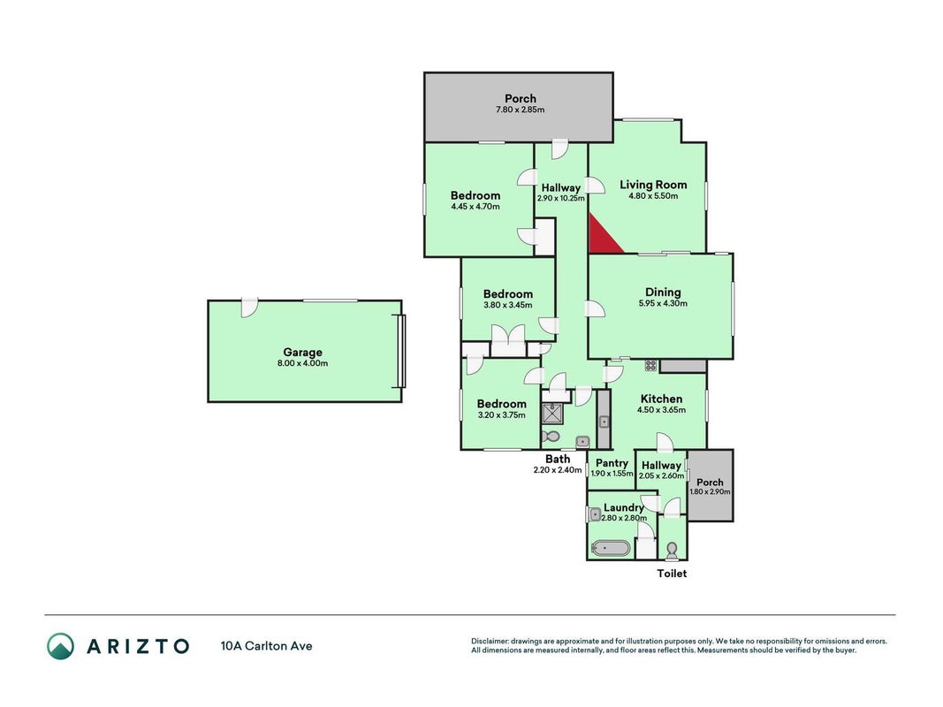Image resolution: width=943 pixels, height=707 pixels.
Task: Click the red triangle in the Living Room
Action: [x=601, y=239]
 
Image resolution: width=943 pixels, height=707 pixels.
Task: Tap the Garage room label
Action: [x=302, y=353]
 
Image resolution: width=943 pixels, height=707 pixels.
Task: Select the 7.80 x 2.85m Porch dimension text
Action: [x=521, y=110]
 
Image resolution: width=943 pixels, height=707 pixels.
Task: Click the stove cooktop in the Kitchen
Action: [x=650, y=365]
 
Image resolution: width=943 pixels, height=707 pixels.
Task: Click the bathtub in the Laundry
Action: [x=611, y=548]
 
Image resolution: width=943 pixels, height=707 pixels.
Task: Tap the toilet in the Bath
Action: [x=551, y=436]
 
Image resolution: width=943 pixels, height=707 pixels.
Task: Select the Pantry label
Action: [x=612, y=463]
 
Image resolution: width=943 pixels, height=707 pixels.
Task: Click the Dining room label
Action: [x=663, y=293]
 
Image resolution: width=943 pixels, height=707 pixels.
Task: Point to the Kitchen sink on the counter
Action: [x=604, y=422]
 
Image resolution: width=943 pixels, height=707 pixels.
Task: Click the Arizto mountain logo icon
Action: [x=61, y=646]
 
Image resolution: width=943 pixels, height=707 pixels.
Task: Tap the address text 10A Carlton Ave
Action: [x=266, y=646]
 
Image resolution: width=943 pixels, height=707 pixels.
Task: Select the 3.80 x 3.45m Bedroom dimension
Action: [x=507, y=305]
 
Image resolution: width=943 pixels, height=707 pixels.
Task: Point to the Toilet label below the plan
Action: [x=672, y=574]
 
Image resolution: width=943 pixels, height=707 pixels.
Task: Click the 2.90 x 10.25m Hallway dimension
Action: [x=560, y=198]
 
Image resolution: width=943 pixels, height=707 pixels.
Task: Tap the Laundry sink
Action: [x=595, y=514]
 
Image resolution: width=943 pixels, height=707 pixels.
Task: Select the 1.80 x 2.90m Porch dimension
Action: [x=711, y=491]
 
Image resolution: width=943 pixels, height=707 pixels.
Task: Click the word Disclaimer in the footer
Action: [x=490, y=642]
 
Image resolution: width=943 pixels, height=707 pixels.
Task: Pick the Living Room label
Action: [x=653, y=185]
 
